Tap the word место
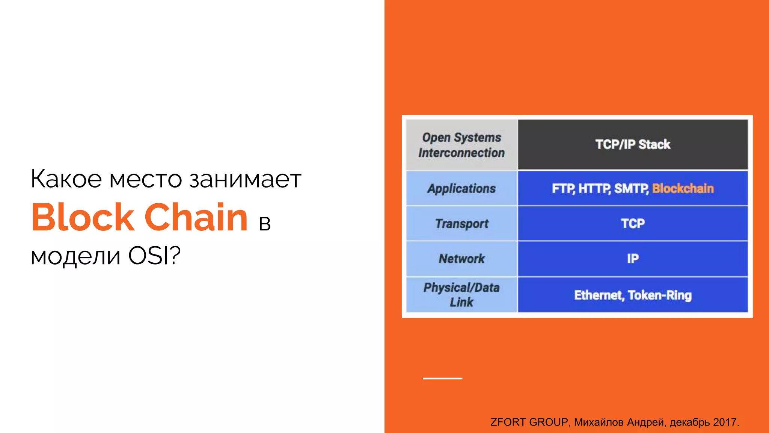(x=146, y=179)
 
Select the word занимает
(x=245, y=179)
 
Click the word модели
(x=75, y=256)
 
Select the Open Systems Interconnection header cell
(x=461, y=145)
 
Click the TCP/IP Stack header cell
(x=633, y=144)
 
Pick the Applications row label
(x=461, y=188)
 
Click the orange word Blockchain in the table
(x=683, y=188)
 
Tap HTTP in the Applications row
(x=594, y=188)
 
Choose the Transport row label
(x=461, y=224)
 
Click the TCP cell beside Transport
(x=633, y=224)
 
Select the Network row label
(x=461, y=259)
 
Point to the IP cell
(x=633, y=259)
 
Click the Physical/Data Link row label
(x=461, y=295)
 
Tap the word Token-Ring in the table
(x=659, y=295)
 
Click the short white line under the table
(x=442, y=378)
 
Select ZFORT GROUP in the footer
(x=529, y=422)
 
